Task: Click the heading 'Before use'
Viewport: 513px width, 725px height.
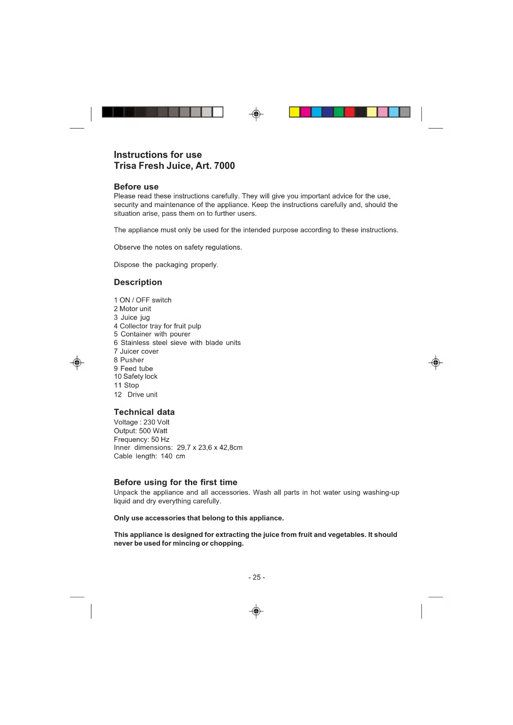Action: tap(136, 187)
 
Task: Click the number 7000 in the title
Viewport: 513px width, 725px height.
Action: tap(224, 166)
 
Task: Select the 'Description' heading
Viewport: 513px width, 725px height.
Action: tap(138, 282)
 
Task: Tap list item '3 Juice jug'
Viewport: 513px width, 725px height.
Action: tap(132, 317)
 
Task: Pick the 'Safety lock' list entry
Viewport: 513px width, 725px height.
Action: tap(140, 377)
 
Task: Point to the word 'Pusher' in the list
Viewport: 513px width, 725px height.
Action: tap(132, 360)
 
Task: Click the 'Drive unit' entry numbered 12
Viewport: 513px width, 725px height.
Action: tap(142, 395)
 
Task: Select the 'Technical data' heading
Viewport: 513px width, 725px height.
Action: tap(144, 412)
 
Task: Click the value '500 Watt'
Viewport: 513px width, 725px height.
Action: tap(153, 431)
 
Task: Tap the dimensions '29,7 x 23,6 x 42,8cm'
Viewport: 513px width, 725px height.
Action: tap(210, 448)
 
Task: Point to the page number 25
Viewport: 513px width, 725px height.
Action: tap(257, 577)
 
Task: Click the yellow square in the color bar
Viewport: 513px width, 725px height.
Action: tap(294, 112)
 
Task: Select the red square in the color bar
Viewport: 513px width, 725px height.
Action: tap(350, 112)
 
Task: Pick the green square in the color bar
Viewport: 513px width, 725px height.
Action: tap(339, 112)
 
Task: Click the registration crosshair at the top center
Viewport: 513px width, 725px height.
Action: tap(256, 114)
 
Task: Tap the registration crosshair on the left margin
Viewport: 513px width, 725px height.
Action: tap(77, 362)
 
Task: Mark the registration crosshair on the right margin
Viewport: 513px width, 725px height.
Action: tap(436, 362)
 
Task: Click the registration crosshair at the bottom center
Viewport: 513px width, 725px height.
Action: tap(256, 611)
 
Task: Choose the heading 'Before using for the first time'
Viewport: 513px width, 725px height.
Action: tap(176, 482)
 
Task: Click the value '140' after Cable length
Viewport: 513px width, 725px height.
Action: tap(167, 456)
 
